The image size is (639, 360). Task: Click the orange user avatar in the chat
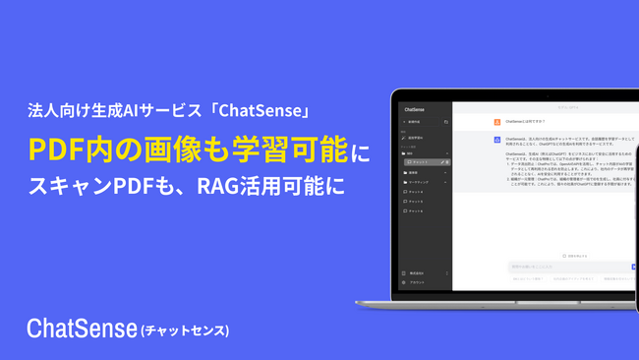[496, 122]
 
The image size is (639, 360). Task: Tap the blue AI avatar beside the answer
[496, 140]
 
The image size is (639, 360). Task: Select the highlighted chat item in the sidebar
[426, 161]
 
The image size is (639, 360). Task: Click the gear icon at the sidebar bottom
[405, 281]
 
